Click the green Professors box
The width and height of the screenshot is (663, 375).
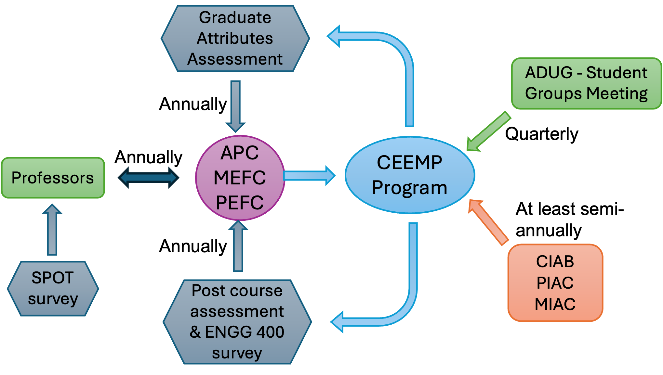click(53, 178)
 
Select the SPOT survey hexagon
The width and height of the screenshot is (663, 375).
click(53, 288)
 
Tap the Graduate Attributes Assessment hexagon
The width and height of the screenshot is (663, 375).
click(235, 38)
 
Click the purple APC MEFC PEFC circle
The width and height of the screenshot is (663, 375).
click(240, 178)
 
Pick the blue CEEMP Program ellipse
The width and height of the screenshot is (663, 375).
click(410, 175)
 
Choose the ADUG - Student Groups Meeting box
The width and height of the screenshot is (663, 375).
click(586, 83)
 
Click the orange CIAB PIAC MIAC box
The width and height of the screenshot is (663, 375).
click(555, 282)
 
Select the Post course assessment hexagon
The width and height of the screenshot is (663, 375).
click(237, 321)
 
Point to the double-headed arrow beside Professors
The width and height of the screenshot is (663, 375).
click(148, 178)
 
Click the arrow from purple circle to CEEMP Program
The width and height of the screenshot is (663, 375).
click(309, 176)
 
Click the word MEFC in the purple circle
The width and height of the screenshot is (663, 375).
click(240, 178)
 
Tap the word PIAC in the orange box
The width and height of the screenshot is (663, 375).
click(555, 282)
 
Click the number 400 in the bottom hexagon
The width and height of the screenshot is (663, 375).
click(270, 332)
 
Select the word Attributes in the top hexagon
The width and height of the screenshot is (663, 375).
click(235, 38)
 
